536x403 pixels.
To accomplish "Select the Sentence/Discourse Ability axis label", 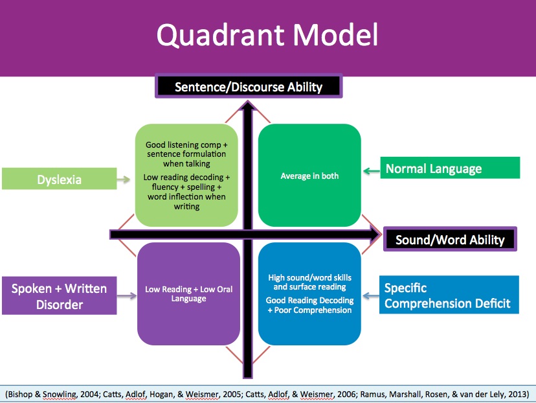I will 248,86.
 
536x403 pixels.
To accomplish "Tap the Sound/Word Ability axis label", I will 450,240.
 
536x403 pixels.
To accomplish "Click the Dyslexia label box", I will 58,179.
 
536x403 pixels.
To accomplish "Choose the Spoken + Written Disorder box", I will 59,296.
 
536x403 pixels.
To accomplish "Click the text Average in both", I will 309,176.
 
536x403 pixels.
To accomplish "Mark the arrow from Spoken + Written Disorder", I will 126,296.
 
